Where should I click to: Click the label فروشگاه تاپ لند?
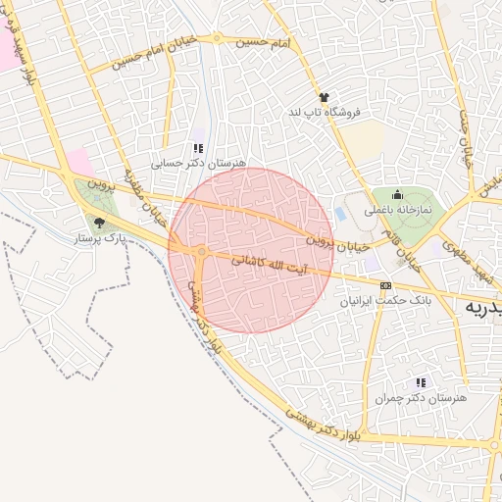tap(324, 113)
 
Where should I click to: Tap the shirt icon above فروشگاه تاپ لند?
tap(324, 96)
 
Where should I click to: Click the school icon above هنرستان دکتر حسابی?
tap(199, 148)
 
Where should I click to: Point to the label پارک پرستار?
tap(101, 238)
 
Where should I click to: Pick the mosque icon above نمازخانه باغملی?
tap(397, 194)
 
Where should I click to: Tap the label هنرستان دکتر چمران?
tap(421, 399)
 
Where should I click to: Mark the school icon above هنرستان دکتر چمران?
tap(421, 383)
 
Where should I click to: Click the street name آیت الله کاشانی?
tap(268, 265)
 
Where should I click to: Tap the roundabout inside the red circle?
tap(200, 253)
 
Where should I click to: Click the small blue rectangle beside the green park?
tap(340, 212)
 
